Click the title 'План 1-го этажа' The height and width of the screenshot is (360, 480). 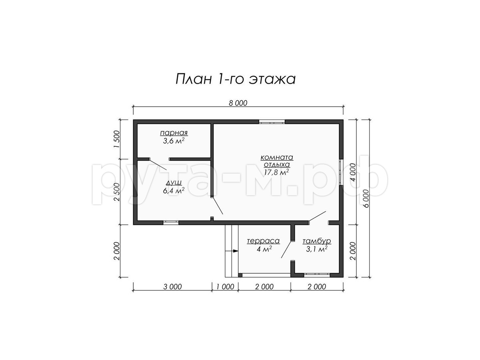(x=236, y=79)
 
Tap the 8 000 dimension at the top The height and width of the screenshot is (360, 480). (x=238, y=103)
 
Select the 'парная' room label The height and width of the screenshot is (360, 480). (x=174, y=133)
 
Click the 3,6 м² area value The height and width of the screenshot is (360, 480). (x=174, y=141)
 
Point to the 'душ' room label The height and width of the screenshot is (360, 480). (x=174, y=182)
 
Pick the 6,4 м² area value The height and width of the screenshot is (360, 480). (x=174, y=190)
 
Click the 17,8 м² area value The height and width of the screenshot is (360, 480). (x=276, y=172)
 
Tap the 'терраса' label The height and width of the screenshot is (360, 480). (x=263, y=241)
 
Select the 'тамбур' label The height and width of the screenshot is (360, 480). (x=317, y=241)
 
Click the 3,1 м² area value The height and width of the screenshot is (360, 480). (x=317, y=249)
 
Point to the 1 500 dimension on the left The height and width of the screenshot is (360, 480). (x=117, y=139)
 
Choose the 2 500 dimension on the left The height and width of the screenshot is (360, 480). (x=117, y=192)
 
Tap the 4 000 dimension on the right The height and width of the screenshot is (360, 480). (x=353, y=172)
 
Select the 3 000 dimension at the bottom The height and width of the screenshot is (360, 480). (x=172, y=286)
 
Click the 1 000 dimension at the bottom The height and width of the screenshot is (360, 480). (x=225, y=286)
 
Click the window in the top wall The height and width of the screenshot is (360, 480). (x=272, y=122)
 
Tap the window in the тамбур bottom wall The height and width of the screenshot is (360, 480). (x=317, y=275)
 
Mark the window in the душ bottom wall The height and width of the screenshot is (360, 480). (x=171, y=223)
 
